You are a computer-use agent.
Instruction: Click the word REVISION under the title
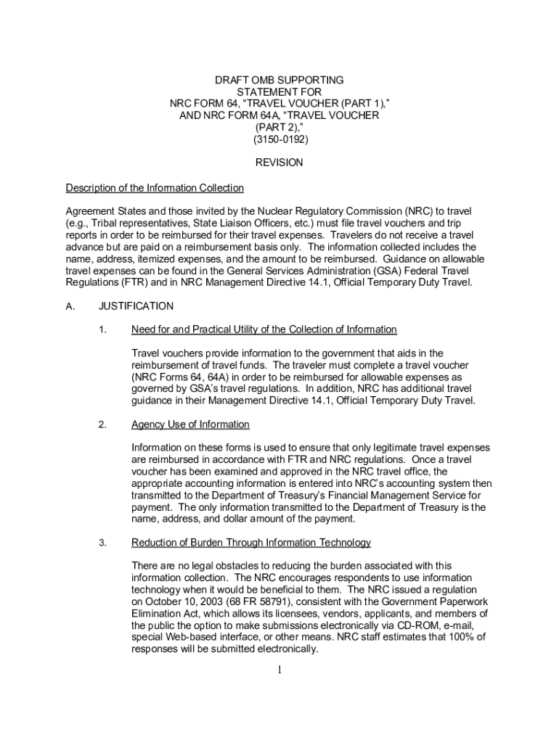point(279,163)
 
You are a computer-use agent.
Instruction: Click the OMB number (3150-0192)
point(279,140)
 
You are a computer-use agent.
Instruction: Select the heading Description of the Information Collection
point(155,189)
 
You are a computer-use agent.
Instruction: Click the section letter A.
point(70,306)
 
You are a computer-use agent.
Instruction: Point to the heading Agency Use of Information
point(190,424)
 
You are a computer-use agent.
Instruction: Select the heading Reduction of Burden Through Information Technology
point(251,543)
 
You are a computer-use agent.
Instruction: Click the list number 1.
point(103,330)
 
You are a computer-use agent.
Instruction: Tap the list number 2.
point(103,424)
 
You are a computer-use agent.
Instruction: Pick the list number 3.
point(103,543)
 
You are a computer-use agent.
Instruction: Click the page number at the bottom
point(279,670)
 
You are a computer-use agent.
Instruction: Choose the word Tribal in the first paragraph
point(108,223)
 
